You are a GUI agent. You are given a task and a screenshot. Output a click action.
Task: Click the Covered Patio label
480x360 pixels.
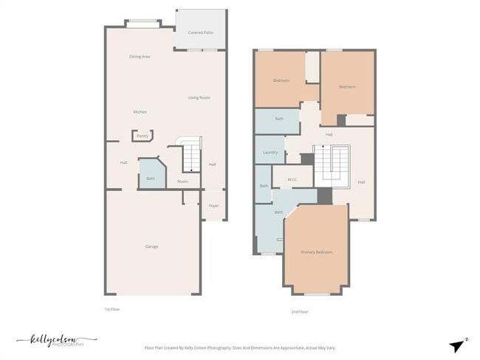(200, 32)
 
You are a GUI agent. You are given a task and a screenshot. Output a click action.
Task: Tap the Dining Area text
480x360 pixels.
(140, 57)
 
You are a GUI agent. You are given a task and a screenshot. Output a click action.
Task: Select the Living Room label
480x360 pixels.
(199, 97)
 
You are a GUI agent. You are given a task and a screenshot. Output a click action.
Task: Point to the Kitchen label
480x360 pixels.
(140, 112)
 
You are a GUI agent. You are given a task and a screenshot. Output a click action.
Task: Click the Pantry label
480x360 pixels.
(143, 136)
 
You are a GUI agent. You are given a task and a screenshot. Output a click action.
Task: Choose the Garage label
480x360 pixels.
(151, 246)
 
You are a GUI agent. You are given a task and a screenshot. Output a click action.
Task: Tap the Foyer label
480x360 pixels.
(213, 206)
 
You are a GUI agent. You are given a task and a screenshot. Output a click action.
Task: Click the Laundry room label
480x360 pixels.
(270, 153)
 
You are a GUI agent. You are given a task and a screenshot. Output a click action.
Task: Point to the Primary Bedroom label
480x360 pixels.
(316, 252)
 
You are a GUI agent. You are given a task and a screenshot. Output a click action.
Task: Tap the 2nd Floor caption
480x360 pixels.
(299, 312)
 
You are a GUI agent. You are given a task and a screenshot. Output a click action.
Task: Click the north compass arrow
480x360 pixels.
(458, 345)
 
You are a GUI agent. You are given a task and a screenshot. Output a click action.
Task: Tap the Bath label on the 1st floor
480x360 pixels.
(151, 179)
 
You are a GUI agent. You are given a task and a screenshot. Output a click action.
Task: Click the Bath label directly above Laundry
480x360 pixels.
(279, 119)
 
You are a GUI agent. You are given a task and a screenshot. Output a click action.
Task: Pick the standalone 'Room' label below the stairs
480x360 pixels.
(182, 181)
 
